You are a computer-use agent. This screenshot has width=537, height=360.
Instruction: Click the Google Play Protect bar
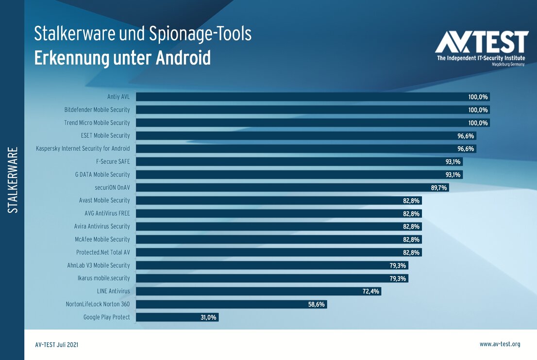[178, 317]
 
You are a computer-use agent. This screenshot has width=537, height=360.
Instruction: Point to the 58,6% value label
[317, 304]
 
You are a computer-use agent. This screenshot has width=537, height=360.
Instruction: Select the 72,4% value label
[371, 291]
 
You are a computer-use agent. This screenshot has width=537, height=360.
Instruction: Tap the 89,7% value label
[438, 188]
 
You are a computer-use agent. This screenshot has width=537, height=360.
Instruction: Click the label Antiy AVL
[118, 97]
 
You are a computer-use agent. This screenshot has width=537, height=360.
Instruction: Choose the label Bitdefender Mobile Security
[97, 110]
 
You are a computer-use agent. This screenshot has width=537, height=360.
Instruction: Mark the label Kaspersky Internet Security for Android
[83, 149]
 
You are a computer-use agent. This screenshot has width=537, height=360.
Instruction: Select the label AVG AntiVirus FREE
[107, 213]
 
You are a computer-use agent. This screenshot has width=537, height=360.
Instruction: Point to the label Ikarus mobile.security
[104, 278]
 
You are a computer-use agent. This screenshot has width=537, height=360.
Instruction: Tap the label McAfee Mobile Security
[103, 239]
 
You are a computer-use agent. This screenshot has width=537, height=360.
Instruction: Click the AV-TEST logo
[481, 48]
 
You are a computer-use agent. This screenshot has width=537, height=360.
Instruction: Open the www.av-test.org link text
[500, 344]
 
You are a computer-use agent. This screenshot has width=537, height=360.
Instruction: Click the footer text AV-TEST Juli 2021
[57, 344]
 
